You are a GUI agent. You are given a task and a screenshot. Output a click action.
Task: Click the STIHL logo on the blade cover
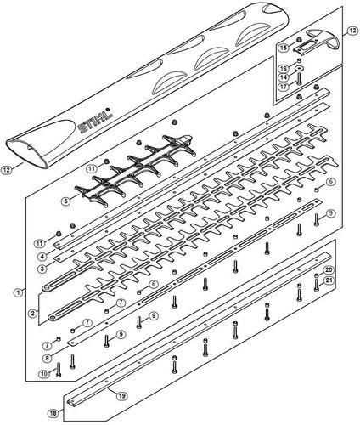(97, 123)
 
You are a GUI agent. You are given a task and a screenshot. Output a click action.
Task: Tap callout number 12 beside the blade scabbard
(8, 169)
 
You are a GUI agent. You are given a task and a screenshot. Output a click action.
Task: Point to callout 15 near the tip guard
(286, 48)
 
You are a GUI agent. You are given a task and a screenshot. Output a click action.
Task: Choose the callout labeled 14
(286, 76)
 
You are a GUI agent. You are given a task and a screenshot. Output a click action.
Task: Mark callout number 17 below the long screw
(286, 87)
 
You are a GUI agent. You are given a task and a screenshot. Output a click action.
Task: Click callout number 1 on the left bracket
(19, 292)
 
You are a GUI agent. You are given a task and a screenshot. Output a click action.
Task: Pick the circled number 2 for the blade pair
(32, 314)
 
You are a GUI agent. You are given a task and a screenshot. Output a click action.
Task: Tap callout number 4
(41, 255)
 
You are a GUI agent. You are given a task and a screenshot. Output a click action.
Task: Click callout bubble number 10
(44, 374)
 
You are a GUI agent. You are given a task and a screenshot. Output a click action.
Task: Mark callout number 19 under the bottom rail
(122, 395)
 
